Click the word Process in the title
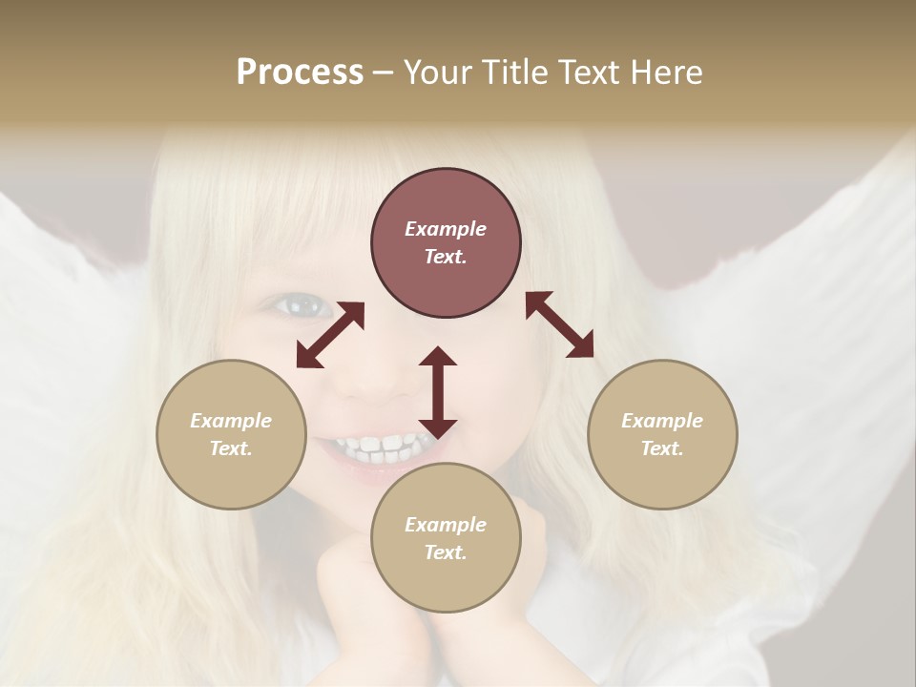click(300, 73)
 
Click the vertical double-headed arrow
click(438, 392)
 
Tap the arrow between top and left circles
click(330, 335)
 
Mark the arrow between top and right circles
click(559, 324)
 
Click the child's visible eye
click(299, 304)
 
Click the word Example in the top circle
click(446, 229)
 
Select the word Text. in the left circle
click(231, 448)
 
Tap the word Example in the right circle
click(662, 421)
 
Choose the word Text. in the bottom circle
click(446, 552)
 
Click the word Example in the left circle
click(231, 421)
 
